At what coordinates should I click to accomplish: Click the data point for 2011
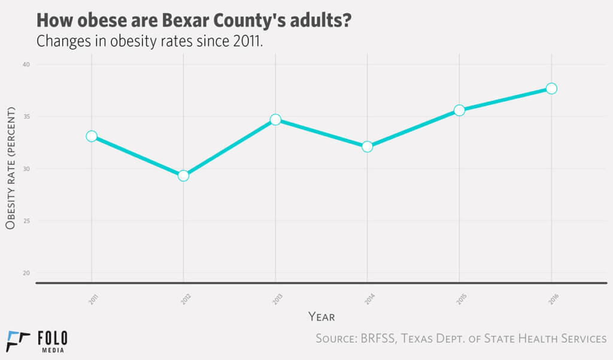91,136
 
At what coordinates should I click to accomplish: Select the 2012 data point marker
183,176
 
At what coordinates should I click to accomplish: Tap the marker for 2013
275,120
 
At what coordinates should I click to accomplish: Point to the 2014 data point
367,147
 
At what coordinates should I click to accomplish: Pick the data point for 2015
459,110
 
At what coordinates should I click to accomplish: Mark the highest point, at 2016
551,89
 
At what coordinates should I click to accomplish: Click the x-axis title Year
321,316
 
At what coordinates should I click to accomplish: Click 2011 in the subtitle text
244,42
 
